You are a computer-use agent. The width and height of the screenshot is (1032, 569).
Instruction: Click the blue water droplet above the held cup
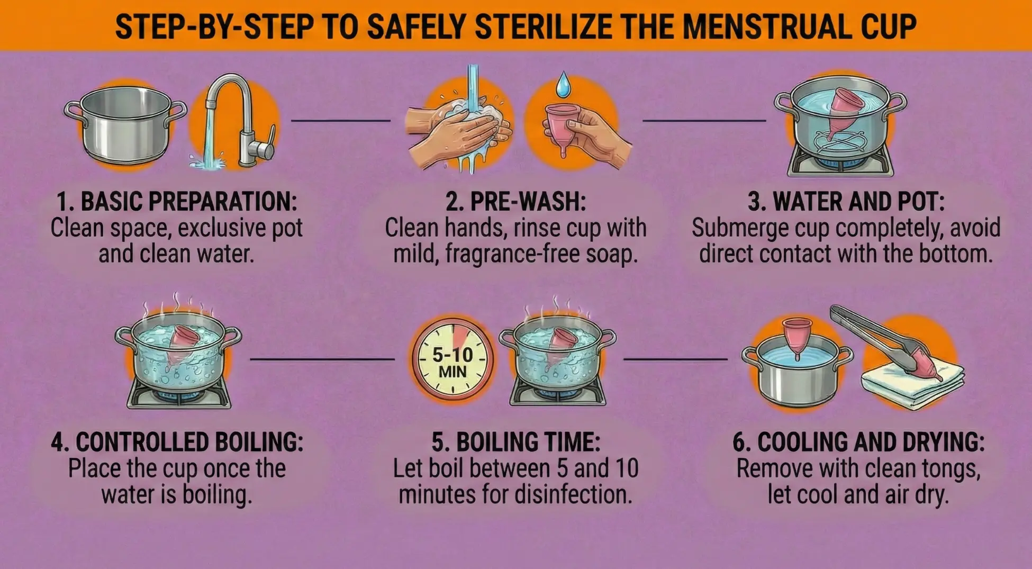(564, 85)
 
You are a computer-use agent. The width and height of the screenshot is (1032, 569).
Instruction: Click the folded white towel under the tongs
(910, 384)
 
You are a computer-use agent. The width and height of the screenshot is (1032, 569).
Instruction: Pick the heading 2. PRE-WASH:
(515, 202)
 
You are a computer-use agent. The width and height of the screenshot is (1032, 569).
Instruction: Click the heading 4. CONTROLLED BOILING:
(177, 442)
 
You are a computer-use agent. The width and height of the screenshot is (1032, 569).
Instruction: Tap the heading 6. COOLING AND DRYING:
(858, 442)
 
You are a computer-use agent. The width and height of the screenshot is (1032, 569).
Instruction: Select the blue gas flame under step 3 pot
(840, 160)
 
